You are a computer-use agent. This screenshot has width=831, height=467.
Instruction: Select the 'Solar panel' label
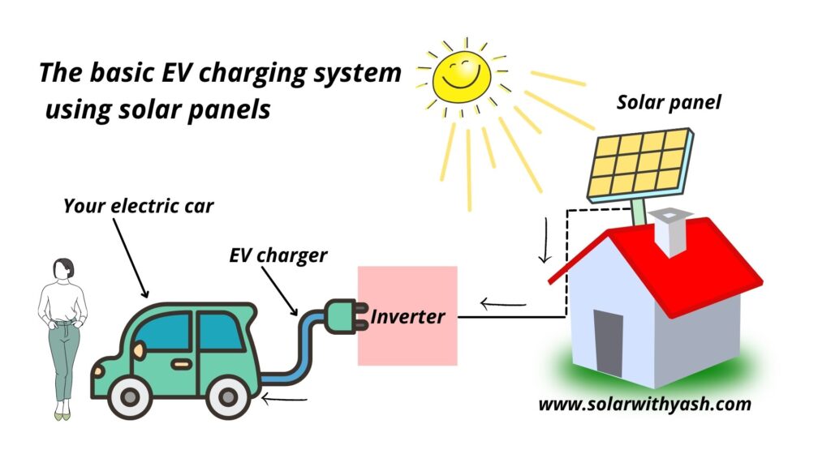(x=657, y=103)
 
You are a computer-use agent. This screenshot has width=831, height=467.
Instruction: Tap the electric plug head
(x=341, y=314)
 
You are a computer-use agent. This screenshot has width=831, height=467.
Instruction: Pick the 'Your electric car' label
(x=138, y=207)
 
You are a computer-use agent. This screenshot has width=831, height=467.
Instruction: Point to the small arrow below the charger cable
(x=280, y=398)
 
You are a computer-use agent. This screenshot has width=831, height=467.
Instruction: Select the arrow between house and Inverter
(x=503, y=304)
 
